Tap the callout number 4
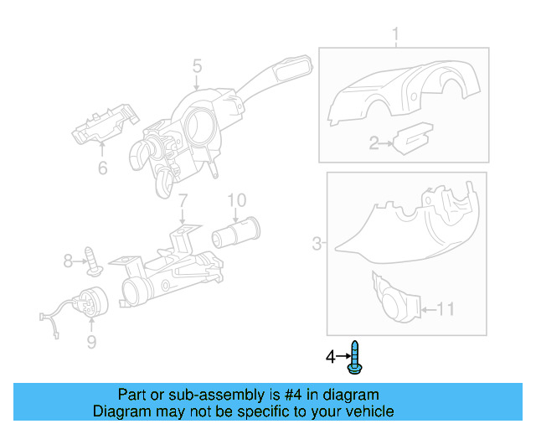[330, 357]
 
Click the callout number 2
[374, 144]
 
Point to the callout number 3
[317, 244]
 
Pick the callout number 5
[197, 65]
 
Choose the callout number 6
[102, 168]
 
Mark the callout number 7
[182, 200]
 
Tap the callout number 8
[69, 261]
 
